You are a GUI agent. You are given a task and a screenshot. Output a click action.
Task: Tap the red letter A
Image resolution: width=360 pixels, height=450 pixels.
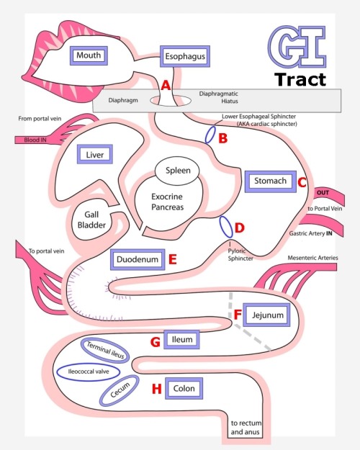166,86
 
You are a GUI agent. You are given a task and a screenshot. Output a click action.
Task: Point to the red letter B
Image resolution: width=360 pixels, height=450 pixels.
222,138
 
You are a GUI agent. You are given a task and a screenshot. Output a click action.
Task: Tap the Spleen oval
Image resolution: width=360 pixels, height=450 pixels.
177,171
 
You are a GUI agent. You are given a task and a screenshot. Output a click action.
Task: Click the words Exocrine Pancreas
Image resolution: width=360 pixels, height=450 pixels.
167,202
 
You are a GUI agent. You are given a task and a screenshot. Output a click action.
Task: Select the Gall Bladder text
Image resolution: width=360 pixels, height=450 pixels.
91,220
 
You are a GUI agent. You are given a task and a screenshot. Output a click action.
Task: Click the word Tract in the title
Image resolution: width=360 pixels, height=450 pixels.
300,79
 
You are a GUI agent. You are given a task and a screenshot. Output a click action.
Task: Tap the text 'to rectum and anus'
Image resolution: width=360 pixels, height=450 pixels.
246,428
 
